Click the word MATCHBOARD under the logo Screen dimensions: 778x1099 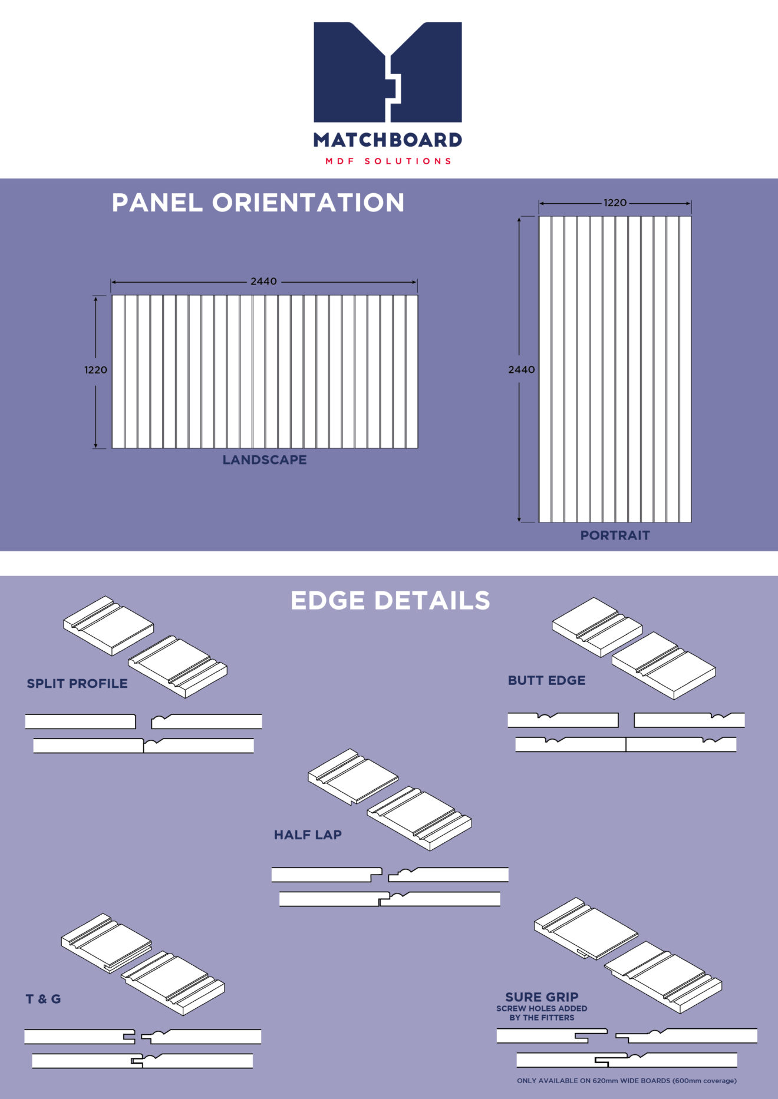388,140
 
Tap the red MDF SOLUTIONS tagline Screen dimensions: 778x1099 388,161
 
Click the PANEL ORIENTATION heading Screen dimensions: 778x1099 258,203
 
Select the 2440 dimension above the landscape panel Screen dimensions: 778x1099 263,282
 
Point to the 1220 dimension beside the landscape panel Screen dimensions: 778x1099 95,370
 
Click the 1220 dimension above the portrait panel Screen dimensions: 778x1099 615,203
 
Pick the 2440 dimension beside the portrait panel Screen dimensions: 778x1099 522,370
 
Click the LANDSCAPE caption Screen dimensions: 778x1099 265,460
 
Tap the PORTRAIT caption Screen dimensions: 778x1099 615,535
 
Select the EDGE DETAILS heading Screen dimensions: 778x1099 390,601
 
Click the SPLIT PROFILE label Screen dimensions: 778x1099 77,684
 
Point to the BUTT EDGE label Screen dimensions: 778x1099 547,681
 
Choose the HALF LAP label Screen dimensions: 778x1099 308,835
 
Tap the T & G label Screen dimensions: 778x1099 43,999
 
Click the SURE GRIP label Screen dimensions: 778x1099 542,997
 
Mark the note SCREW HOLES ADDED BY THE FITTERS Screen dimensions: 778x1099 542,1013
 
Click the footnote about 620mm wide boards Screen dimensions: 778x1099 627,1081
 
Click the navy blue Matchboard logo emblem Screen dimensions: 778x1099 388,72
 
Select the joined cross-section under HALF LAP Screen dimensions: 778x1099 390,899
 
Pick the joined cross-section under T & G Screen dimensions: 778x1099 142,1061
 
